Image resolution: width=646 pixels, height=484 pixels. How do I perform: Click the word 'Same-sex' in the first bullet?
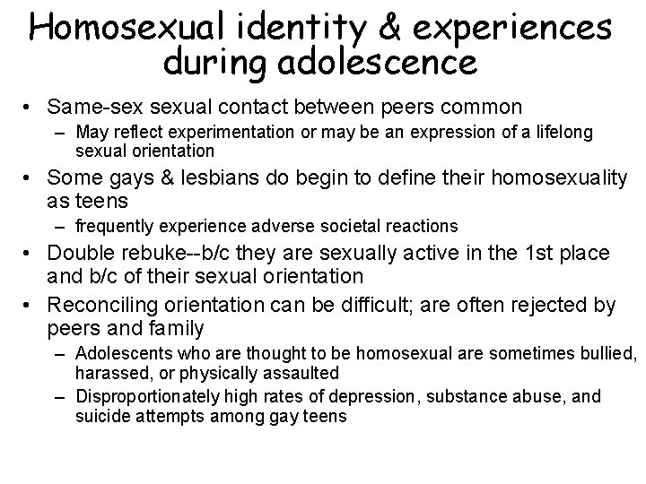(92, 108)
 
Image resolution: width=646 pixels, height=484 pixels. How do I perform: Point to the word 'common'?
(482, 108)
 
